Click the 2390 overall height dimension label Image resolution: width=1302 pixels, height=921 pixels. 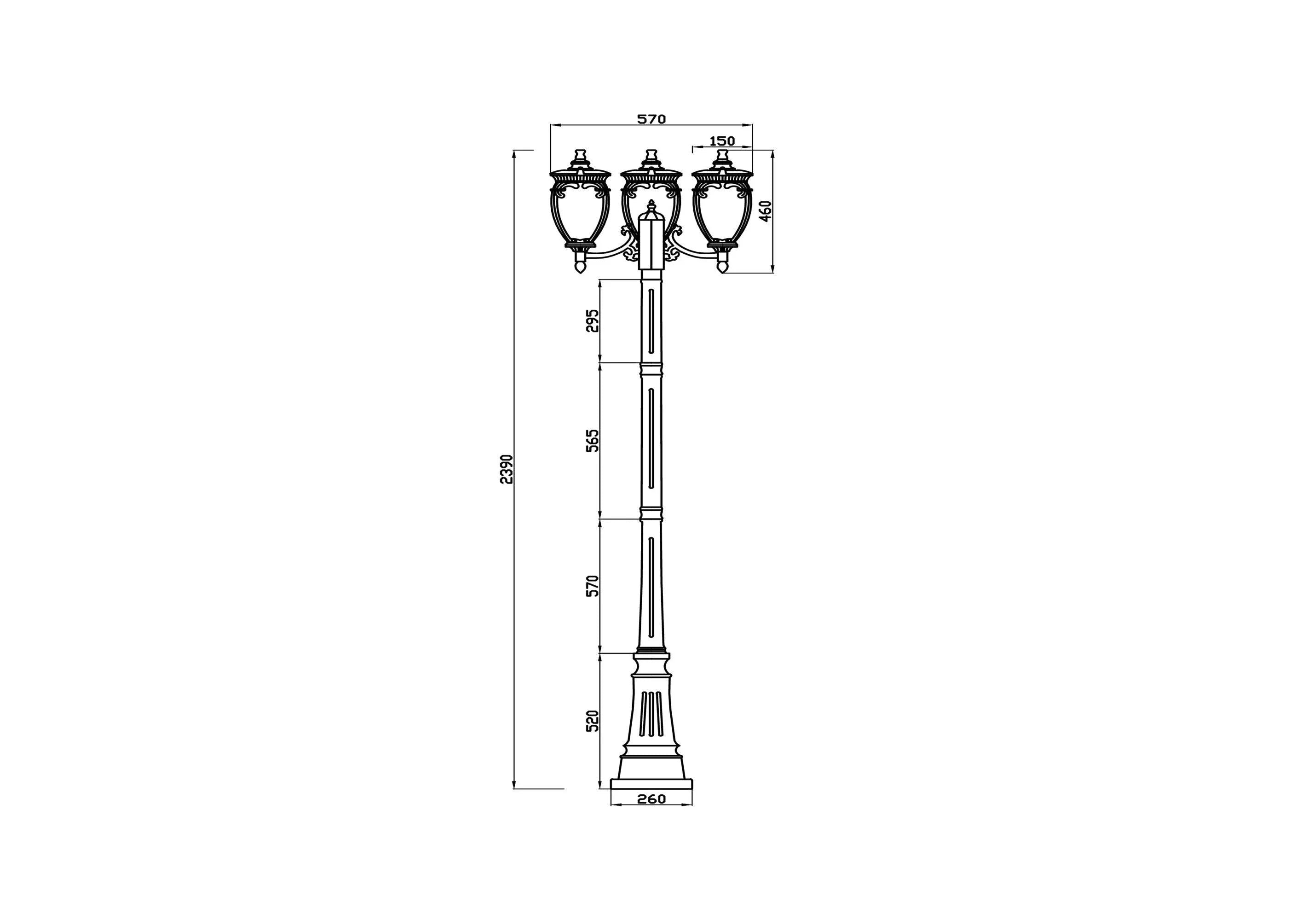point(110,469)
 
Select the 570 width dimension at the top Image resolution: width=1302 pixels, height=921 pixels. point(651,119)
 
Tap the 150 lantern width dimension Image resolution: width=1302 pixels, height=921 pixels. point(722,141)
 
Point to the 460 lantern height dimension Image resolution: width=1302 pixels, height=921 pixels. point(766,211)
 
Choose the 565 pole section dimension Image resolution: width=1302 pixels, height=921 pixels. point(592,440)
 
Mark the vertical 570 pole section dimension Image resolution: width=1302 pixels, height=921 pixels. point(592,586)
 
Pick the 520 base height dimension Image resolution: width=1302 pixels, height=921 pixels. point(592,721)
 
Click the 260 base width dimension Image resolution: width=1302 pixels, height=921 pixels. point(651,799)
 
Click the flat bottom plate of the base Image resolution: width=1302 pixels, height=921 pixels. point(651,784)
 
